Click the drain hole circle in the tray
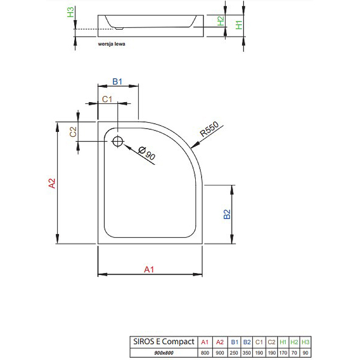pos(117,141)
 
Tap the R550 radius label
pos(209,129)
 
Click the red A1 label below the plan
pos(149,269)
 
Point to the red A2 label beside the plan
pos(52,183)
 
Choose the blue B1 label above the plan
pos(117,81)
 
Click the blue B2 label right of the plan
pos(227,214)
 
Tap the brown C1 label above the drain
pos(107,99)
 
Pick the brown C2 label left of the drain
pos(73,132)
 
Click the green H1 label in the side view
pos(239,25)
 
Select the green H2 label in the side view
pos(220,21)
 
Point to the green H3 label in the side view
pos(71,12)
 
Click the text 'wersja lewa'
pos(112,44)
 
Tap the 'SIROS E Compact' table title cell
pos(164,342)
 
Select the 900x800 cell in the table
pos(164,353)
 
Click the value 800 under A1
pos(205,353)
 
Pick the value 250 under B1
pos(234,353)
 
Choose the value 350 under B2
pos(247,353)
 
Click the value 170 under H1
pos(283,353)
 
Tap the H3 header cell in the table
pos(306,342)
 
